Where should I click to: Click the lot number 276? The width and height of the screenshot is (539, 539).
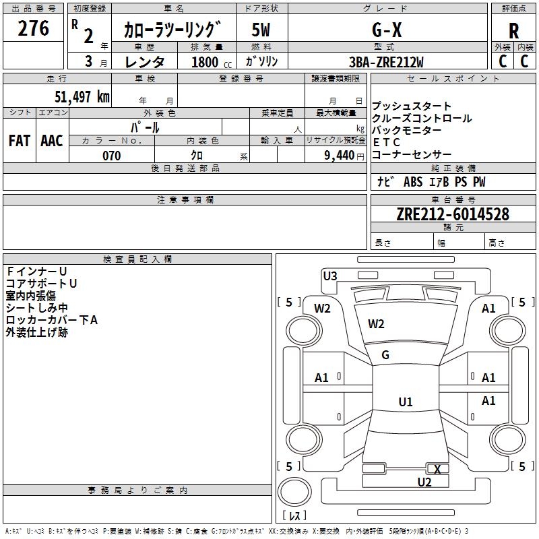pyautogui.click(x=33, y=28)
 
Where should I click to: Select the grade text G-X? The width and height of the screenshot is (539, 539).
pyautogui.click(x=387, y=30)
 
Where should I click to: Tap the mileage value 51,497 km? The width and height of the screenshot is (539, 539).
pyautogui.click(x=82, y=96)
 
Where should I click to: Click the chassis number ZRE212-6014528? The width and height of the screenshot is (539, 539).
pyautogui.click(x=453, y=214)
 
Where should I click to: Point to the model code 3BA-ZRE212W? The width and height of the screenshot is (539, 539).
pyautogui.click(x=386, y=62)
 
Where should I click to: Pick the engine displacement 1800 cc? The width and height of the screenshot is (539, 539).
pyautogui.click(x=212, y=62)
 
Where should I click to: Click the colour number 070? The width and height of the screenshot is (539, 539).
pyautogui.click(x=112, y=156)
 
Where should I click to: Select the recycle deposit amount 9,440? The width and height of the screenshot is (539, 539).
pyautogui.click(x=340, y=156)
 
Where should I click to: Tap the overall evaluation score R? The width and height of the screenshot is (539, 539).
pyautogui.click(x=513, y=31)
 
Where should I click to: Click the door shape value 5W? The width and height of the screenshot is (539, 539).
pyautogui.click(x=261, y=30)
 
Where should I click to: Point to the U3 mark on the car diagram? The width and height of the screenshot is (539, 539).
pyautogui.click(x=330, y=276)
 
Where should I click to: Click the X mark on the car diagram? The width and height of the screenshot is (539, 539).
pyautogui.click(x=437, y=469)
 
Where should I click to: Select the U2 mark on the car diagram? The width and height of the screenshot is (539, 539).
pyautogui.click(x=424, y=482)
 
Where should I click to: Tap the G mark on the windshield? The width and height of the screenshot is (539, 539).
pyautogui.click(x=385, y=355)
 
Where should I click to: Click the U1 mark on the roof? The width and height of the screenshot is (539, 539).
pyautogui.click(x=406, y=402)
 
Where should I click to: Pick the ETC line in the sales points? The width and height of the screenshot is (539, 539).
pyautogui.click(x=386, y=142)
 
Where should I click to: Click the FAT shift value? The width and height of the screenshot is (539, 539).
pyautogui.click(x=20, y=141)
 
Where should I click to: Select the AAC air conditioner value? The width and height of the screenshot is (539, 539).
pyautogui.click(x=52, y=141)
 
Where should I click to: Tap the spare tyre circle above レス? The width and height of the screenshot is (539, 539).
pyautogui.click(x=294, y=492)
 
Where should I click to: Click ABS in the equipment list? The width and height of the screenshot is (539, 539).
pyautogui.click(x=413, y=182)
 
